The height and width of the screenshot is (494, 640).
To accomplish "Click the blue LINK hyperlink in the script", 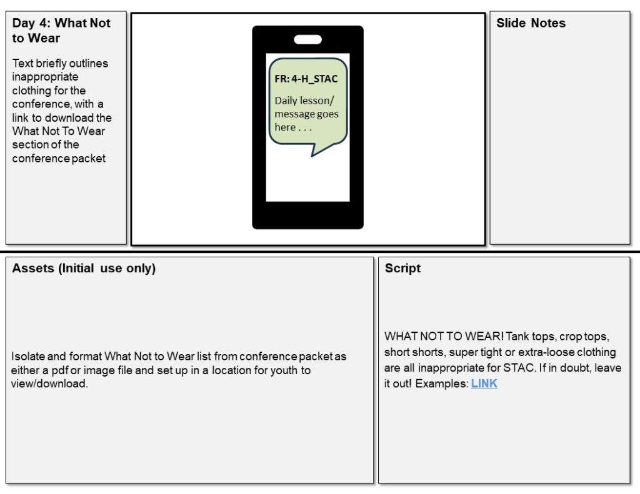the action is pos(484,383).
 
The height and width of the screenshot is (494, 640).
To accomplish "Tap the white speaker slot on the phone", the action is pos(307,39).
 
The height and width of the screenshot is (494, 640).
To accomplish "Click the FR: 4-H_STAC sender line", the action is pos(306,79).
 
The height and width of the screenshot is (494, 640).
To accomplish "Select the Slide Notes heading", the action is pos(531,23).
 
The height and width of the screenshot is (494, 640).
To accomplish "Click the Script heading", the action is pos(402,268).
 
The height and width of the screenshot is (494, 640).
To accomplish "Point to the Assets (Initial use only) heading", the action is pos(84,269).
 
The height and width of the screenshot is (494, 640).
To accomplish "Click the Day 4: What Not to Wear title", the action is pos(61,30).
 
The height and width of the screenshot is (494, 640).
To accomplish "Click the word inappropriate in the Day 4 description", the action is pos(45,77).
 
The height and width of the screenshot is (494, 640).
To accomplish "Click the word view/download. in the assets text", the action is pos(49,383).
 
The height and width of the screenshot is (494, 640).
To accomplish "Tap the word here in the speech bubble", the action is pos(285,127).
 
